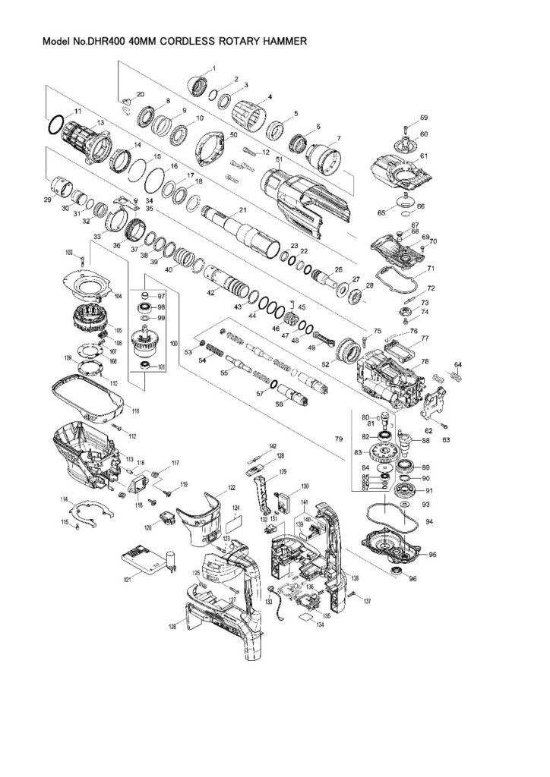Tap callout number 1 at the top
click(x=213, y=69)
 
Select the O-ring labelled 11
click(x=55, y=123)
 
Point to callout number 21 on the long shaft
click(x=243, y=209)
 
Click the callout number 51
click(x=279, y=160)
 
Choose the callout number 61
click(x=425, y=156)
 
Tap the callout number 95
click(x=433, y=553)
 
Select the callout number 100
click(x=174, y=344)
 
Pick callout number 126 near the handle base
click(x=172, y=627)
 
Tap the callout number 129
click(x=282, y=472)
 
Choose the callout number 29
click(x=47, y=199)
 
